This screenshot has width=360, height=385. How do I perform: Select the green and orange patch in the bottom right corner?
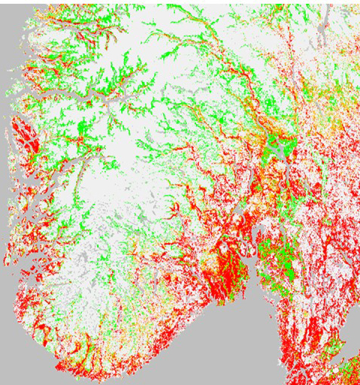click(347, 372)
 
